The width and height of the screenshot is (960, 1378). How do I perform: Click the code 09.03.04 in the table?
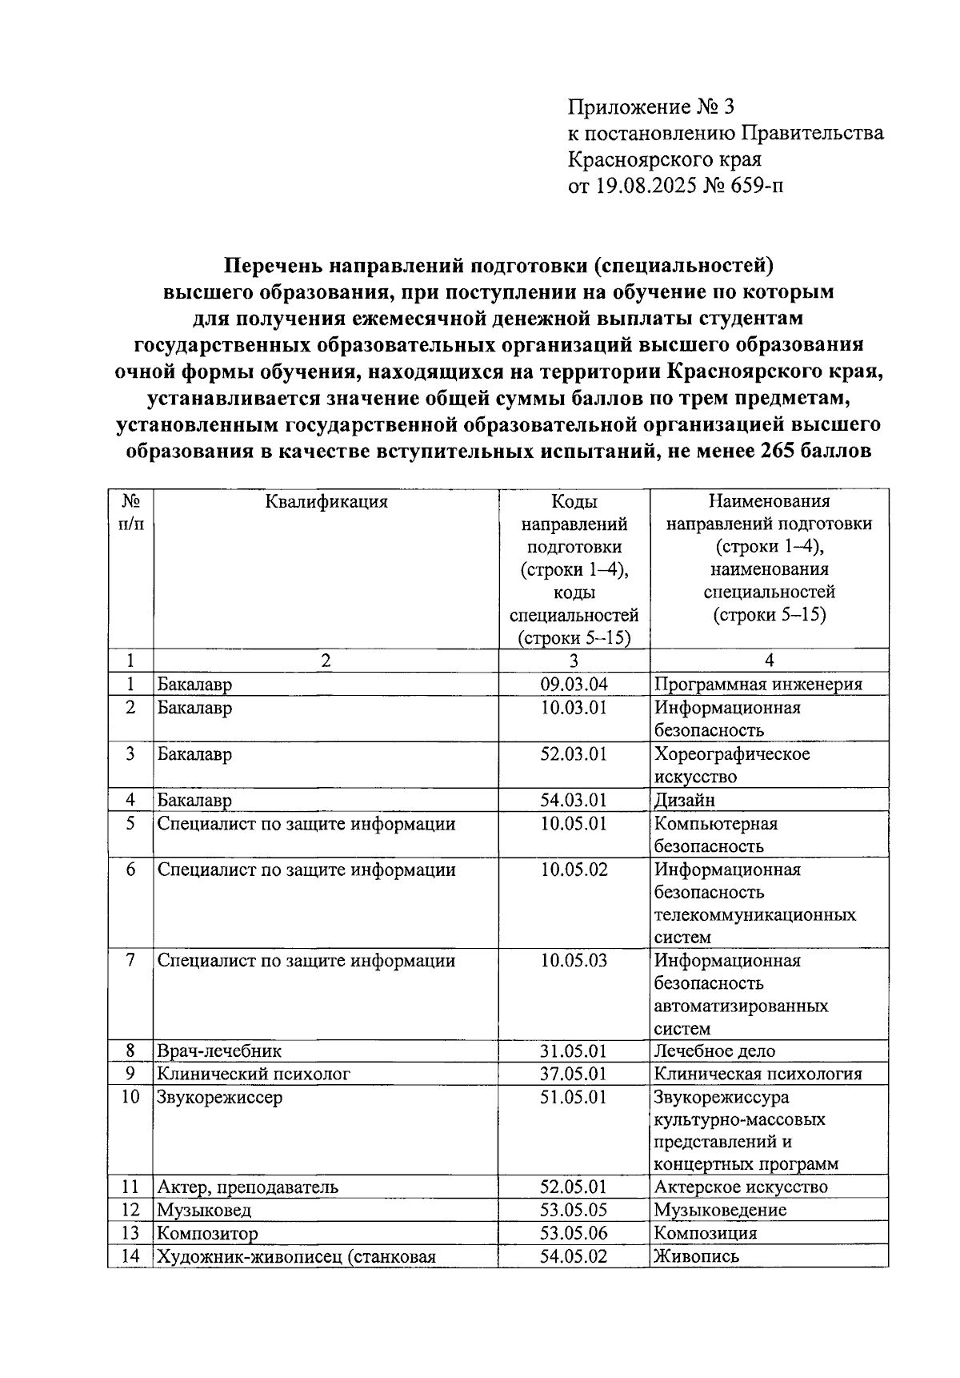click(574, 684)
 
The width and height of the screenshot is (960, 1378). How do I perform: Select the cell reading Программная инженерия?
click(758, 684)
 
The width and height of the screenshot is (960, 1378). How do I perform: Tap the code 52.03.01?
click(574, 754)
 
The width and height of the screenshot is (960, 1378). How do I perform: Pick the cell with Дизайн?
click(685, 800)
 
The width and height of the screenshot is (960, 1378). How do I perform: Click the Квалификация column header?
click(326, 502)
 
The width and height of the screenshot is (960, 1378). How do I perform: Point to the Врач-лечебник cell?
click(219, 1051)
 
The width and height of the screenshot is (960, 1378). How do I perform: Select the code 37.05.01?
click(574, 1074)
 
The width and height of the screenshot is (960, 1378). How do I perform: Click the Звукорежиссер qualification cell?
click(220, 1097)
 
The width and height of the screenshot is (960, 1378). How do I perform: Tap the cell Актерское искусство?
click(741, 1187)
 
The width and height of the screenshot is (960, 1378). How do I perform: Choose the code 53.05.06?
click(574, 1233)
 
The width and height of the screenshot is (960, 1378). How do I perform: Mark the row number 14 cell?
click(130, 1256)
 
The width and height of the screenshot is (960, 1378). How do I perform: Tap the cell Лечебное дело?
click(714, 1051)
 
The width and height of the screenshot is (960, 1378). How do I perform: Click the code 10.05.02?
click(574, 870)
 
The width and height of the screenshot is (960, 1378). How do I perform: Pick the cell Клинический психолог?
click(254, 1074)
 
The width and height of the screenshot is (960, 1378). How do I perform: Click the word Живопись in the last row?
click(697, 1256)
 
